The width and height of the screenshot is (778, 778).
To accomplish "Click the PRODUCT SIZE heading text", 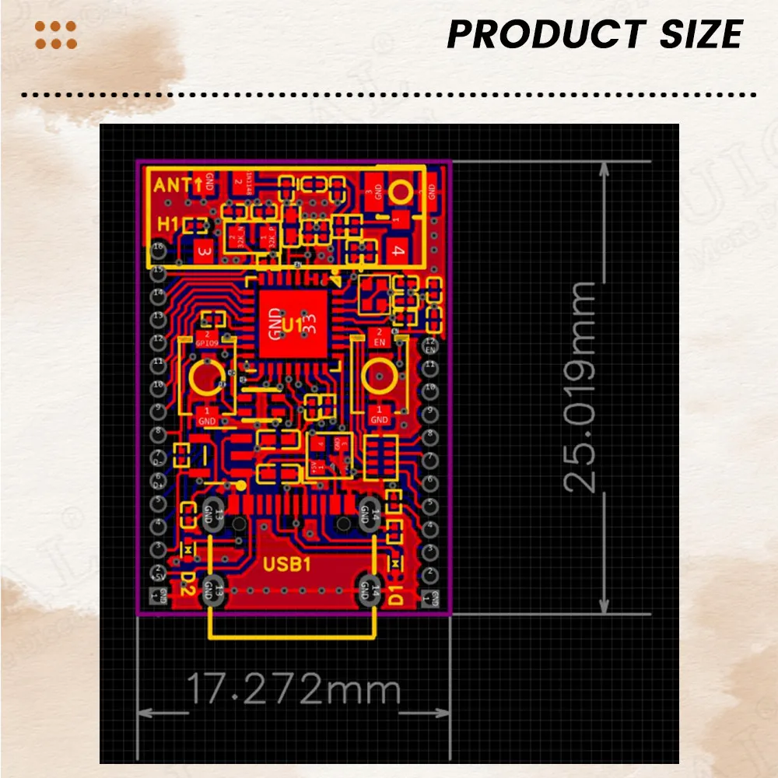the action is click(x=594, y=35).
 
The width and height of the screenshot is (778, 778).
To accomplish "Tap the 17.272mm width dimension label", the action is click(x=294, y=689).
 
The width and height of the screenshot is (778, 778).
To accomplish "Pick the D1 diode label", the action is click(x=395, y=595).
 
